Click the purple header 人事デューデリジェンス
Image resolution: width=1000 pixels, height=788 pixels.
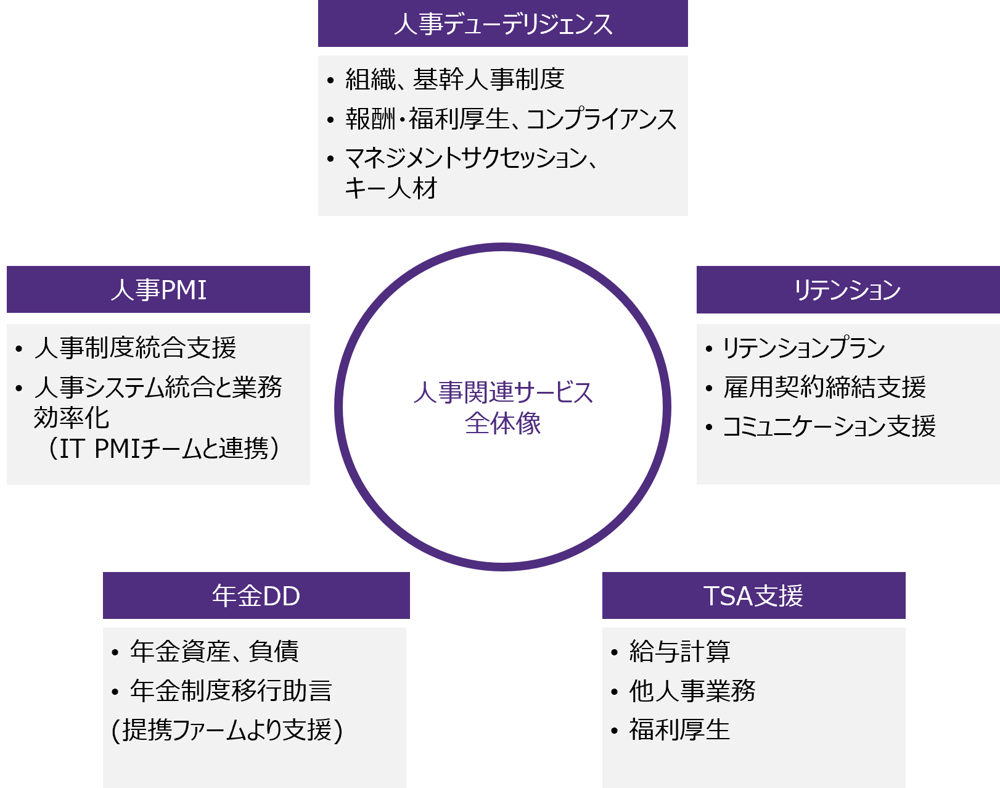[x=503, y=23]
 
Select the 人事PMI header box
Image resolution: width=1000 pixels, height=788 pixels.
[x=158, y=289]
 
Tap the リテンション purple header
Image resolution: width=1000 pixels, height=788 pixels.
[x=848, y=289]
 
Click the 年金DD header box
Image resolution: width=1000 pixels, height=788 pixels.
[x=256, y=595]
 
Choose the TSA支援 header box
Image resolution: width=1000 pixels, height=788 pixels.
[x=754, y=595]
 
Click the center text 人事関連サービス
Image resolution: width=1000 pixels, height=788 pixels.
[x=503, y=392]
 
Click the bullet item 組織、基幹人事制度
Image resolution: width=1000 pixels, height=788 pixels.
[x=455, y=79]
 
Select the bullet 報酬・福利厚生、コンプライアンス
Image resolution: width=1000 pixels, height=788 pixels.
[x=510, y=118]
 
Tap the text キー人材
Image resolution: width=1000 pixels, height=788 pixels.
[x=390, y=188]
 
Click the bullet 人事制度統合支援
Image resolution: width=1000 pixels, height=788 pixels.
[x=135, y=347]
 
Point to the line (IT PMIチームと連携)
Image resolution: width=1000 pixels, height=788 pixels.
[x=163, y=449]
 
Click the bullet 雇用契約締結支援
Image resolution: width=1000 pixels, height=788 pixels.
[x=824, y=387]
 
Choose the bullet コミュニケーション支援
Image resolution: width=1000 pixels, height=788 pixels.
[x=829, y=426]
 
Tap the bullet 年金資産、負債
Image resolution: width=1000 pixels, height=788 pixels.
[x=215, y=651]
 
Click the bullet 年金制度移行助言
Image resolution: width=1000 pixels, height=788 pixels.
[x=231, y=691]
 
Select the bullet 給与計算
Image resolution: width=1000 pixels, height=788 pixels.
[x=679, y=651]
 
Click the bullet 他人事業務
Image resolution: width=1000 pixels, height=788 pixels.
[x=692, y=691]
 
